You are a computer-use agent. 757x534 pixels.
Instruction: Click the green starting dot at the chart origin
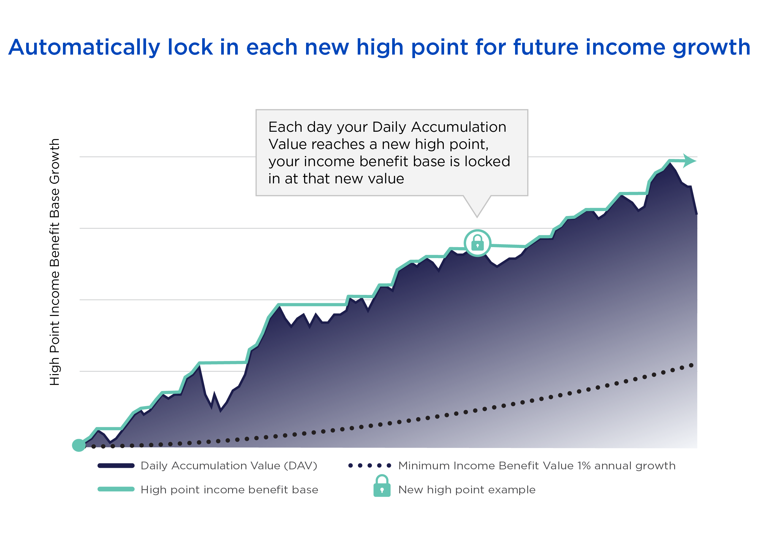(x=79, y=445)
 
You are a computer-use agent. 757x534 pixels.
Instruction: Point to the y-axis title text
(x=55, y=262)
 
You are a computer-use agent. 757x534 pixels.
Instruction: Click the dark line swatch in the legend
(x=116, y=465)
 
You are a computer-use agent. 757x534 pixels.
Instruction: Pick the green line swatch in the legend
(x=116, y=489)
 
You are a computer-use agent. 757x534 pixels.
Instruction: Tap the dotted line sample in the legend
(x=370, y=465)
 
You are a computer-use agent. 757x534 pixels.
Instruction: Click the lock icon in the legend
(x=382, y=486)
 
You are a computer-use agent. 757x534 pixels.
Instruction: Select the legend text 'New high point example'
(x=467, y=490)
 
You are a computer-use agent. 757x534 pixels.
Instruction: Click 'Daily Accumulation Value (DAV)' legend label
(x=229, y=466)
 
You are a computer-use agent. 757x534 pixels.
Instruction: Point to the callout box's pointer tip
(x=477, y=217)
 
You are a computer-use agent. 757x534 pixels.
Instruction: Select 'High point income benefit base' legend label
(x=229, y=490)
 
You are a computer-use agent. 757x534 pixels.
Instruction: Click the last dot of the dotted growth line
(x=691, y=365)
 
